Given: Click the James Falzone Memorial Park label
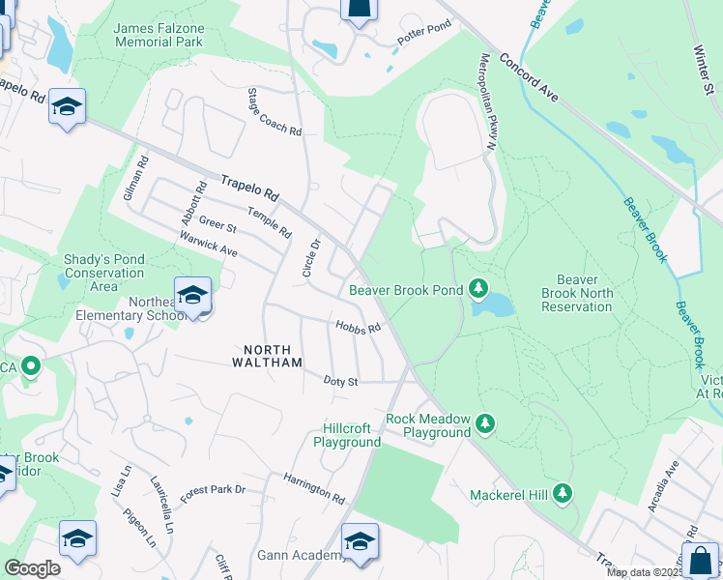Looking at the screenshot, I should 158,36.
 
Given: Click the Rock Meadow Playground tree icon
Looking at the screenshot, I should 485,422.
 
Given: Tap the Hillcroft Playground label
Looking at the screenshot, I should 347,435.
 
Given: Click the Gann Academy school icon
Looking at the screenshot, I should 360,544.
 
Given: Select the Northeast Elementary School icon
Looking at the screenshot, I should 192,295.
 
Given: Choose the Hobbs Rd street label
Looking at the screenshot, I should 358,327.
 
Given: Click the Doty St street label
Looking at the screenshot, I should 340,382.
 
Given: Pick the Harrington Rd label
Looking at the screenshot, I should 314,489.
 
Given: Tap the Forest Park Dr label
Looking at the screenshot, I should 213,490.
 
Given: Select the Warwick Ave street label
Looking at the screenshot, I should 208,243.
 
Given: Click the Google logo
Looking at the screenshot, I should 33,568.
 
